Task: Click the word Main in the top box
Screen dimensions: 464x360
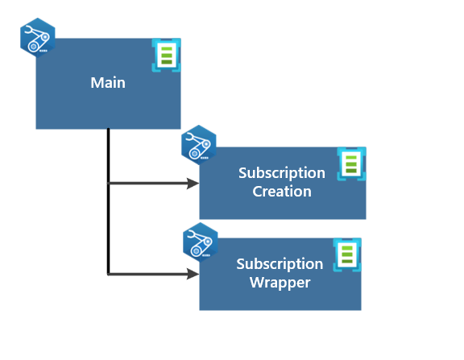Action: pos(108,82)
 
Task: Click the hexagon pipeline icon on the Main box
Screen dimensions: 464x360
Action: pos(38,38)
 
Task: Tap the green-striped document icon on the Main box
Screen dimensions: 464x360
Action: pos(166,55)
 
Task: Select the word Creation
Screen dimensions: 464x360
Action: pos(282,192)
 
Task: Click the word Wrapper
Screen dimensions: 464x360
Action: pos(280,283)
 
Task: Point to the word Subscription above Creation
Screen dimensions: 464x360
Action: pos(282,173)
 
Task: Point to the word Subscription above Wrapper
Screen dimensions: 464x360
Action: pos(280,264)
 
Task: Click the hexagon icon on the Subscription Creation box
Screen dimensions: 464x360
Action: pos(199,145)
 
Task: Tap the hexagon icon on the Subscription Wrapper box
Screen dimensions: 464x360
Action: pos(201,242)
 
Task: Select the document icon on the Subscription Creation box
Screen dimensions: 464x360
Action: pos(351,163)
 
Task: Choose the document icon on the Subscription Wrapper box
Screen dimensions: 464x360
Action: pos(347,254)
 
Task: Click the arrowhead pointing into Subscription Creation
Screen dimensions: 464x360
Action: pos(193,184)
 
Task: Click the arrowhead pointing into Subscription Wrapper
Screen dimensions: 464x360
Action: pos(193,274)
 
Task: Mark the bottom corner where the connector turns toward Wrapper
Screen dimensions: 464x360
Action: pos(109,274)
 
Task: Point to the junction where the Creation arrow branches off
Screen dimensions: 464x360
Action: pos(109,184)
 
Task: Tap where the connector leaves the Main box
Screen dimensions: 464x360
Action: pos(109,129)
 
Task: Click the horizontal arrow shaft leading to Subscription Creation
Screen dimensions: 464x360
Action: pos(148,184)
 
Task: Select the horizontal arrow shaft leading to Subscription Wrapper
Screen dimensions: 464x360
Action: pos(148,274)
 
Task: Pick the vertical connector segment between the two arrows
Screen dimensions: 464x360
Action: pos(109,229)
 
